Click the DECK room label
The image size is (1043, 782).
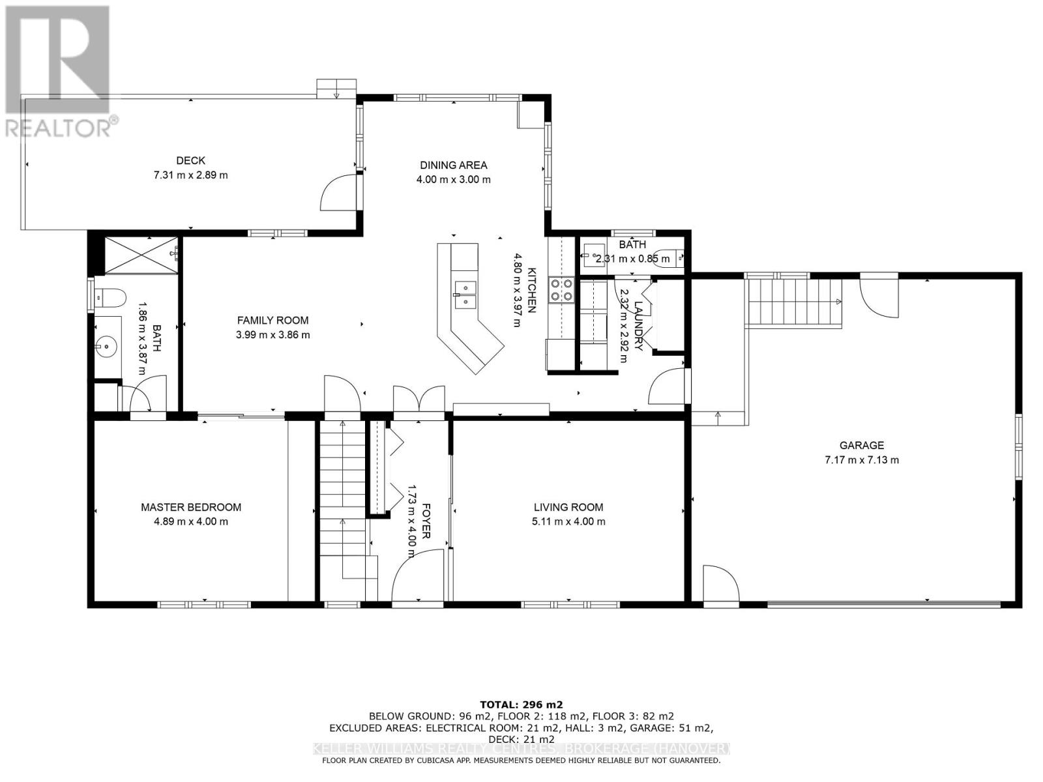[190, 160]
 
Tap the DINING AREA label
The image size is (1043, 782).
[453, 166]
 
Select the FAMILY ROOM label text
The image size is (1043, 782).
[272, 321]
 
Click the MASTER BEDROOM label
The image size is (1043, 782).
[191, 507]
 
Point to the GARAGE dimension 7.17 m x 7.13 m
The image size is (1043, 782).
[861, 460]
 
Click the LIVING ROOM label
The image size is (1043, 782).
[568, 507]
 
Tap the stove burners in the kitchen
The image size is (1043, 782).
[562, 290]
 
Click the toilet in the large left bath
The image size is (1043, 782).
[109, 298]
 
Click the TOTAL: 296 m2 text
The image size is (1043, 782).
[521, 704]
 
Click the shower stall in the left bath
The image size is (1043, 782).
[140, 255]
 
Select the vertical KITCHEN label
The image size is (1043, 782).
[532, 291]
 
